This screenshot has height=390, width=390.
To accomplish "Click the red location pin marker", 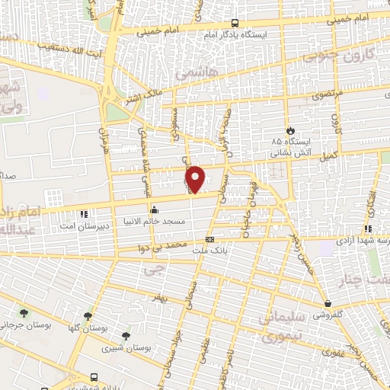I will point(197,178).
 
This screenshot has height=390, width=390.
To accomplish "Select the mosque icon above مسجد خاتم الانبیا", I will point(155,209).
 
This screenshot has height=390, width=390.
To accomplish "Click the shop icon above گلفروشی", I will point(327,303).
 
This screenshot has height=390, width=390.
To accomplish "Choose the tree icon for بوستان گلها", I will point(88,315).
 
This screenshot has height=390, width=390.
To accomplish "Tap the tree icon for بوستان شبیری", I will point(126,335).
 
